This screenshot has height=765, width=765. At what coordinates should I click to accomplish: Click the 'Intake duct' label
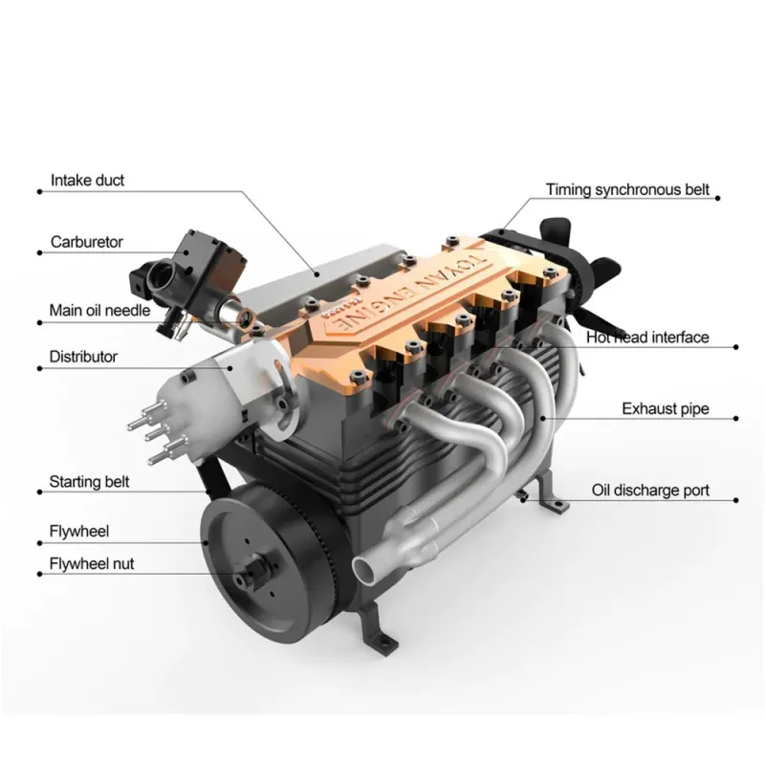click(87, 181)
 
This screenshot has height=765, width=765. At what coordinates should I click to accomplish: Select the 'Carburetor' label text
click(86, 242)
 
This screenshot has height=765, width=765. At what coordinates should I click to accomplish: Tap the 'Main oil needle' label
click(99, 310)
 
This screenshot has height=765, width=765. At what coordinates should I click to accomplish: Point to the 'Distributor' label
click(83, 357)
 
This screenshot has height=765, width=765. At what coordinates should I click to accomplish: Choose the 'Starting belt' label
click(89, 482)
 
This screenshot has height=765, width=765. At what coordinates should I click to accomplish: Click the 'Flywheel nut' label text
click(92, 564)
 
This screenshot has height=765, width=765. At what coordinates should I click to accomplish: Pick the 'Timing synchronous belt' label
click(627, 189)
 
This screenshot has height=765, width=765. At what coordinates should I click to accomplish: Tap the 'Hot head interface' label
click(647, 338)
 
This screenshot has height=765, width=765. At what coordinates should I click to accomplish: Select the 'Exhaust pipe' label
click(666, 409)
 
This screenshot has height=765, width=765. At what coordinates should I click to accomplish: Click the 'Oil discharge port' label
click(650, 491)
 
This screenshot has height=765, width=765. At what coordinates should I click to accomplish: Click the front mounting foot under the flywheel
click(377, 628)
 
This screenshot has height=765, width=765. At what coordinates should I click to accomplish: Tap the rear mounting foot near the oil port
click(553, 492)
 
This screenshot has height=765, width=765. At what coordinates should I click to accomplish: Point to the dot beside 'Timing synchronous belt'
click(718, 198)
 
